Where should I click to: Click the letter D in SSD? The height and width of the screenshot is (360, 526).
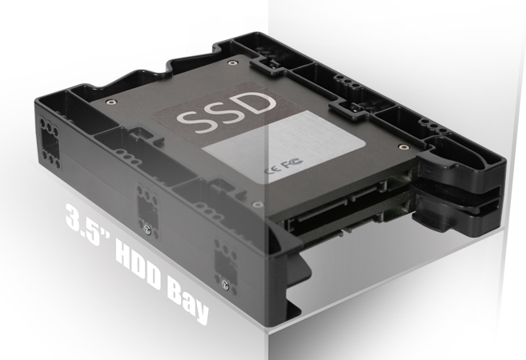click(256, 102)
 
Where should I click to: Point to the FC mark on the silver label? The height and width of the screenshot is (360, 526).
click(292, 162)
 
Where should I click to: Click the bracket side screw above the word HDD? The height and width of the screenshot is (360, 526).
click(147, 229)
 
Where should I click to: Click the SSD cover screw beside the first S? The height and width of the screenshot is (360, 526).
click(110, 102)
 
